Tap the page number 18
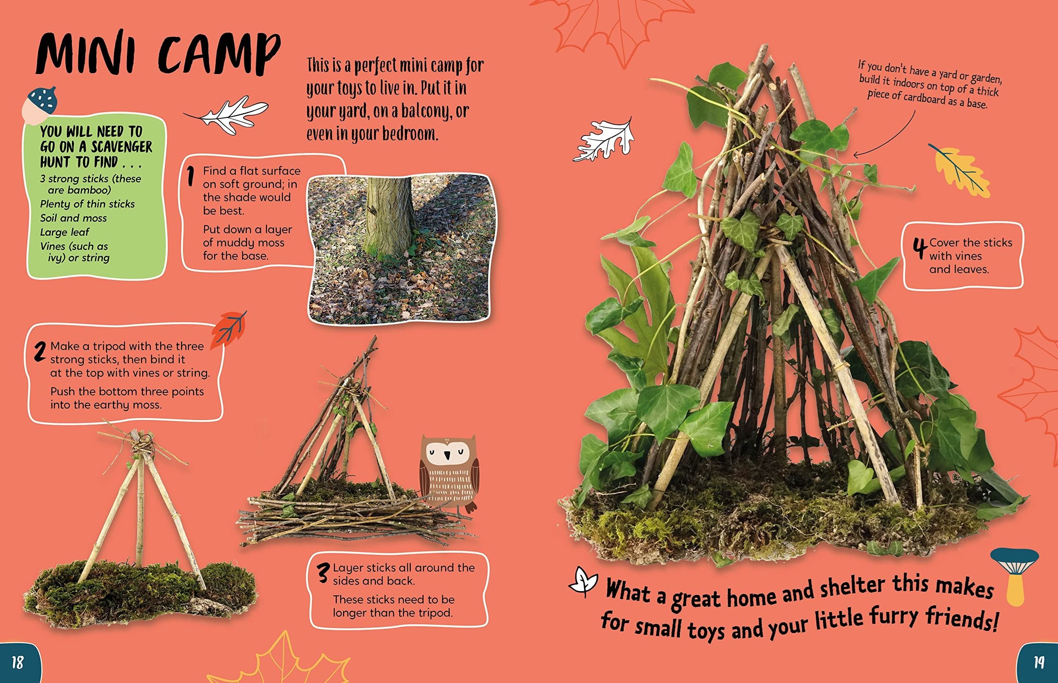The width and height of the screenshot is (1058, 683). [17, 663]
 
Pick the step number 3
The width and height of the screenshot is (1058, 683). [324, 573]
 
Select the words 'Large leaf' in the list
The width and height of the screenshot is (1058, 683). [65, 232]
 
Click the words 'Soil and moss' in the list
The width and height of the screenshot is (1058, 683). [74, 218]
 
